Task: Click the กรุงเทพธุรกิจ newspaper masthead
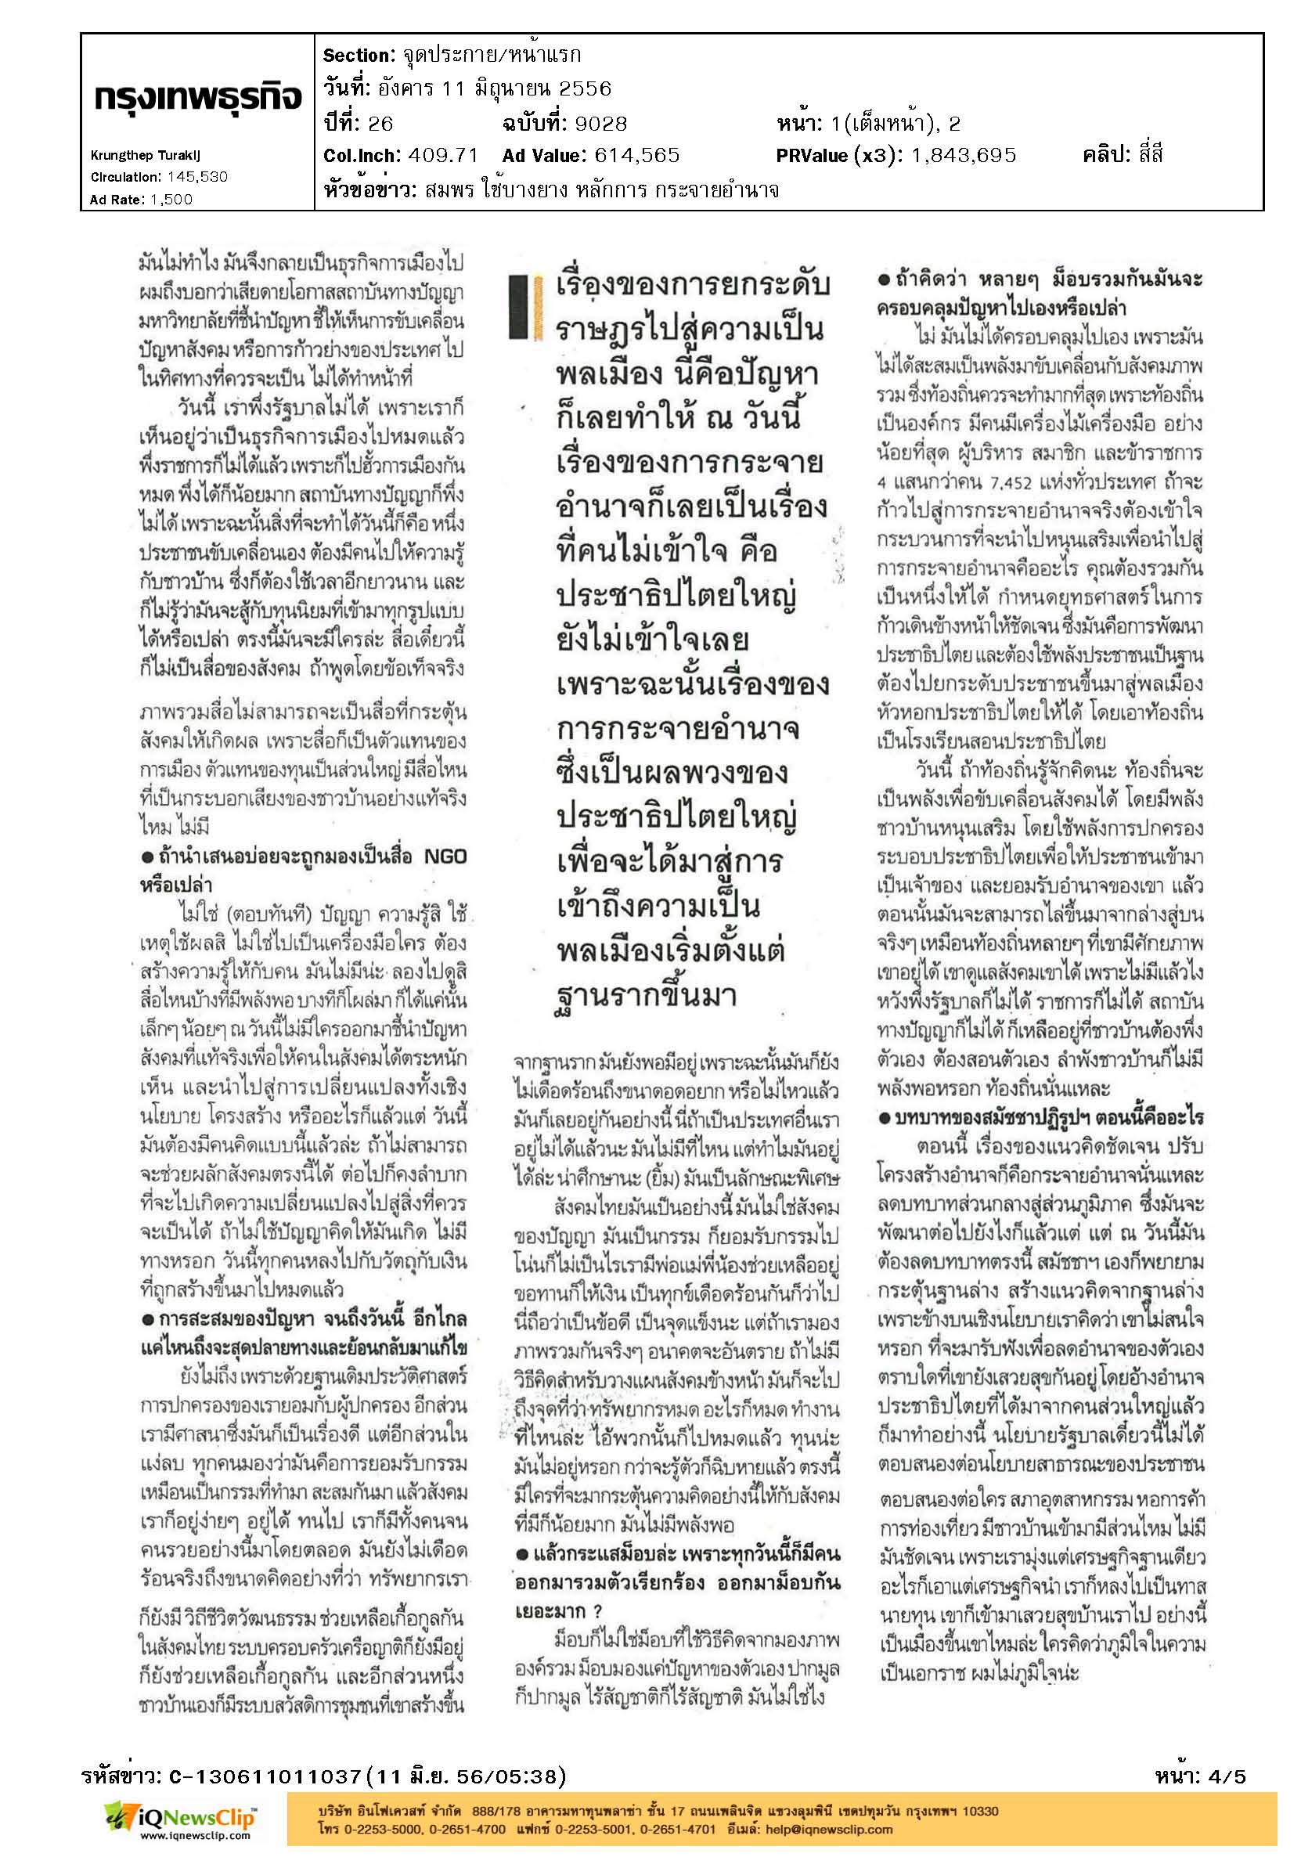(198, 99)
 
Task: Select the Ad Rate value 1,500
(171, 200)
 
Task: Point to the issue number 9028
(600, 124)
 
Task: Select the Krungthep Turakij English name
(145, 154)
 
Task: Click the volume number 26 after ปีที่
(380, 124)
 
